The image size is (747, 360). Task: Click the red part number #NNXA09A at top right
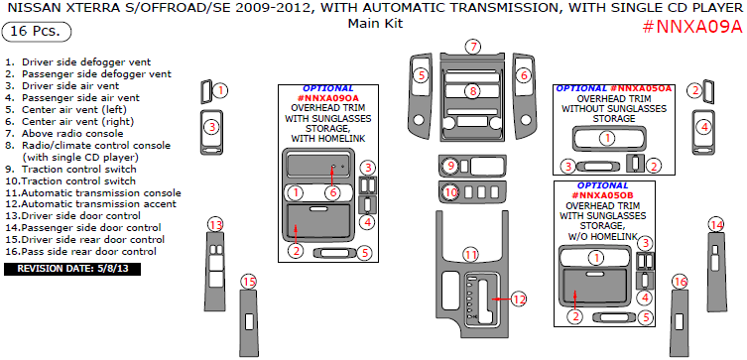click(692, 27)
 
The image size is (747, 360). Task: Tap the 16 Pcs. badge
click(37, 32)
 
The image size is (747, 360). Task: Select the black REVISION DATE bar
click(72, 269)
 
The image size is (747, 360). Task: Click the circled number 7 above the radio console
click(473, 47)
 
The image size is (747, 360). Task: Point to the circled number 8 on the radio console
click(472, 90)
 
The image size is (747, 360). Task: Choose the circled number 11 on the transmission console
click(471, 255)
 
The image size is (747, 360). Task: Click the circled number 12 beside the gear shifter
click(519, 300)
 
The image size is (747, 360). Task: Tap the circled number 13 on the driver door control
click(216, 224)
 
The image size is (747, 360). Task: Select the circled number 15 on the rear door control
click(248, 282)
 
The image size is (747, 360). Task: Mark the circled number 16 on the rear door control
click(681, 283)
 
